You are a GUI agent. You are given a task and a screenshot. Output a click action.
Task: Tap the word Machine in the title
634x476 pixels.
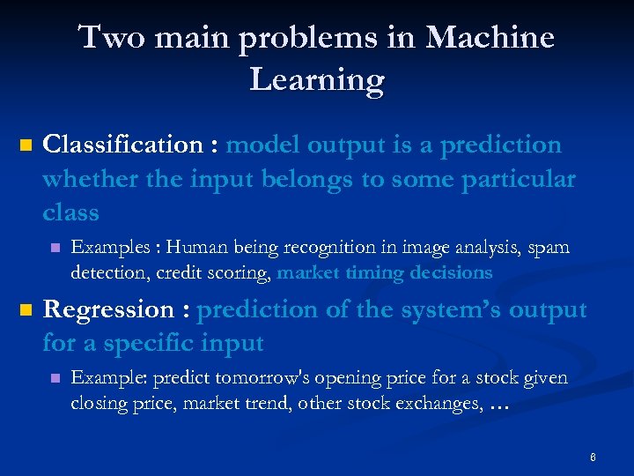[490, 38]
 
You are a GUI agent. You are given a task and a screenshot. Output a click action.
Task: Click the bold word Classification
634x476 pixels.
[122, 145]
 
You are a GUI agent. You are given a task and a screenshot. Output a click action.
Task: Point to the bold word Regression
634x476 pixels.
[108, 310]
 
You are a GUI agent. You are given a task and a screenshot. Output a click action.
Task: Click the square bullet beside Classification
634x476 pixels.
[25, 145]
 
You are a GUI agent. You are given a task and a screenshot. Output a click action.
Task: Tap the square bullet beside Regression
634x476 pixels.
[25, 310]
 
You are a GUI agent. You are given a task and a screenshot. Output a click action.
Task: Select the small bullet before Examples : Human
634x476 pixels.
[55, 249]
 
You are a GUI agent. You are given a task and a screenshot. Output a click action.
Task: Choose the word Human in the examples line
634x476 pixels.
[195, 248]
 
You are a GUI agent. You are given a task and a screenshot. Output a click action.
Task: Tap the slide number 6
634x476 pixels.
[593, 457]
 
